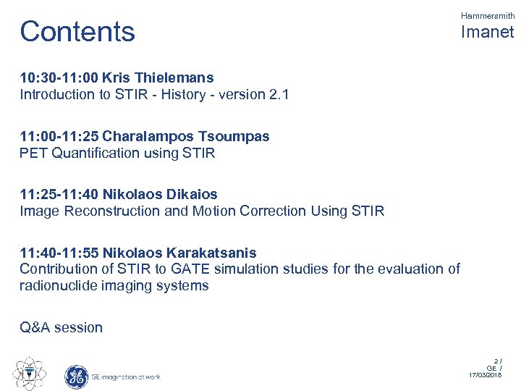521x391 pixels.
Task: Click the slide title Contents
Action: tap(77, 32)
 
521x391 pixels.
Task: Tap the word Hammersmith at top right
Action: tap(487, 15)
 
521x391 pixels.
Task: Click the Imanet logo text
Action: tap(487, 33)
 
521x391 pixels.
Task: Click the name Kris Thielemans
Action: tap(158, 77)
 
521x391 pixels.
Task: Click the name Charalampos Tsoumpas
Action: tap(186, 135)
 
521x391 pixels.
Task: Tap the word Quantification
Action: tap(98, 153)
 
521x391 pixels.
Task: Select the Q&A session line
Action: tap(62, 327)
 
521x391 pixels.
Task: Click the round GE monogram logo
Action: tap(76, 377)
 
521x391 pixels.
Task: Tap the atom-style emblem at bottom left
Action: tap(30, 373)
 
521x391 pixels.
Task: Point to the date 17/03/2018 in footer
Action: tap(487, 375)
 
